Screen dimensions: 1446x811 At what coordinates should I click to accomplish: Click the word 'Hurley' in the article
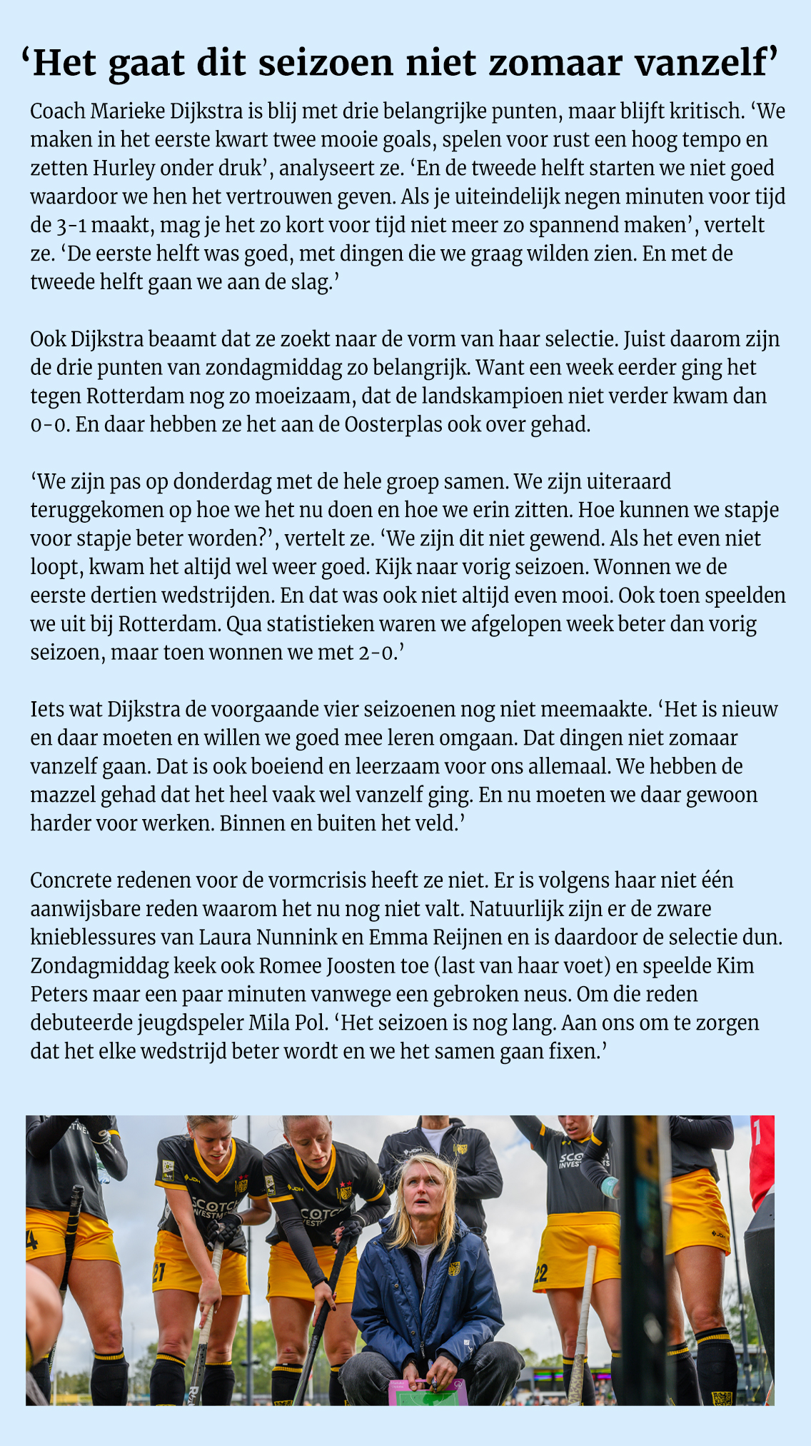pyautogui.click(x=124, y=169)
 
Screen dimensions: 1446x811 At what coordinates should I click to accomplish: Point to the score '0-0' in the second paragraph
pyautogui.click(x=49, y=425)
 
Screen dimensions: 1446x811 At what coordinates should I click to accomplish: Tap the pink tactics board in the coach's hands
pyautogui.click(x=427, y=1391)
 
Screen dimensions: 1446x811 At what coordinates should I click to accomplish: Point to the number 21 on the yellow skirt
pyautogui.click(x=158, y=1271)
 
